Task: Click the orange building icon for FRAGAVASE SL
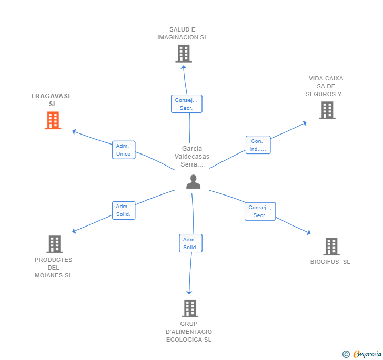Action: coord(53,120)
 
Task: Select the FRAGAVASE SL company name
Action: coord(52,100)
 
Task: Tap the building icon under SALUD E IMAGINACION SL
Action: coord(184,54)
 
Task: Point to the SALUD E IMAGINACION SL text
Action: coord(183,34)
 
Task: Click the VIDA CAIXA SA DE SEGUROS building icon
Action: coord(327,110)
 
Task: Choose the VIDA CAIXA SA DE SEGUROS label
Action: coord(326,86)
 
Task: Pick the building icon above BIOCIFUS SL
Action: coord(331,246)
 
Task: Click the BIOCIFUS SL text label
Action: coord(330,262)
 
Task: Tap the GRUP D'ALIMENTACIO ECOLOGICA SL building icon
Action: coord(190,308)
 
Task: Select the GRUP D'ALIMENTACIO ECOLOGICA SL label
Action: coord(189,332)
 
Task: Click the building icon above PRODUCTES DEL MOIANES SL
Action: coord(55,244)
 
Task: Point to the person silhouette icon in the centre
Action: coord(193,182)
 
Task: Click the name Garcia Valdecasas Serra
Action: coord(192,157)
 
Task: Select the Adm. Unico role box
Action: coord(124,150)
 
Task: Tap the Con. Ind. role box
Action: coord(258,145)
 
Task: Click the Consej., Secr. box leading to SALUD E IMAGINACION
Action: coord(187,104)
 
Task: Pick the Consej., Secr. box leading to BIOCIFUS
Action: coord(260,211)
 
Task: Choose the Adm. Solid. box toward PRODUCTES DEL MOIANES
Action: coord(124,210)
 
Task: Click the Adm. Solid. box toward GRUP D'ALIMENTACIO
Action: coord(190,243)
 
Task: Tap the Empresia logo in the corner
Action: coord(362,354)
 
